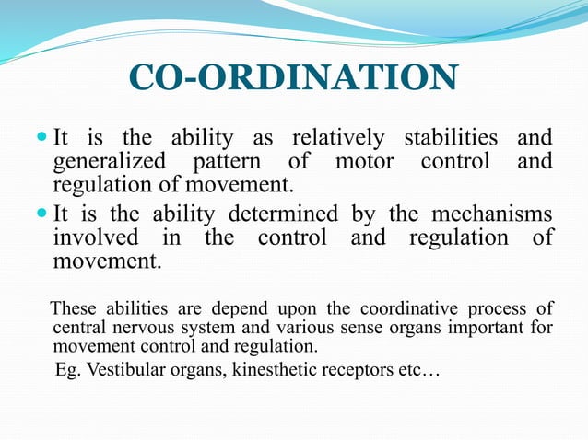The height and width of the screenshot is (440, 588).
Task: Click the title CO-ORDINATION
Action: pos(292,77)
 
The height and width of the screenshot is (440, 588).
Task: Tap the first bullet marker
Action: pos(41,139)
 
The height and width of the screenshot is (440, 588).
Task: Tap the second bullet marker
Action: pos(41,214)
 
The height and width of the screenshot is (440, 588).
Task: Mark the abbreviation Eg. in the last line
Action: pos(68,370)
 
